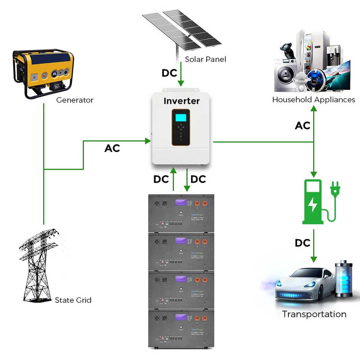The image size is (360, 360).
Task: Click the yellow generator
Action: point(43,73)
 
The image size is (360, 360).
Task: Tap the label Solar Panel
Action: point(205,59)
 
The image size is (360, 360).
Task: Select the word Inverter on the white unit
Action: point(181,101)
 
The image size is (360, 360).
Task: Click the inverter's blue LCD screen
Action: point(181,117)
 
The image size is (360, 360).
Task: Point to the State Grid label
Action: point(73,300)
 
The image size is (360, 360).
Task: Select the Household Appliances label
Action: point(313,100)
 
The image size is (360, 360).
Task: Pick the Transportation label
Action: point(314,314)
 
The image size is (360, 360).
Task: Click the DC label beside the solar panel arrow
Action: point(169,73)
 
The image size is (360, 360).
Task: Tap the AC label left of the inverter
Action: point(112,148)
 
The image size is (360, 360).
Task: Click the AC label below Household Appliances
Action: point(303,126)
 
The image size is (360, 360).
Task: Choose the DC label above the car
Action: point(303,243)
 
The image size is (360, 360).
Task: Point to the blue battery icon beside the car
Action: point(343,279)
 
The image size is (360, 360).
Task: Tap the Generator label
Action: point(75,100)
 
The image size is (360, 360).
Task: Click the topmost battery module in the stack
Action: point(181,213)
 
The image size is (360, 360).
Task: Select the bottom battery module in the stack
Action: point(181,328)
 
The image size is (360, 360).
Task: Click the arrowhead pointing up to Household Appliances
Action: point(314,108)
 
